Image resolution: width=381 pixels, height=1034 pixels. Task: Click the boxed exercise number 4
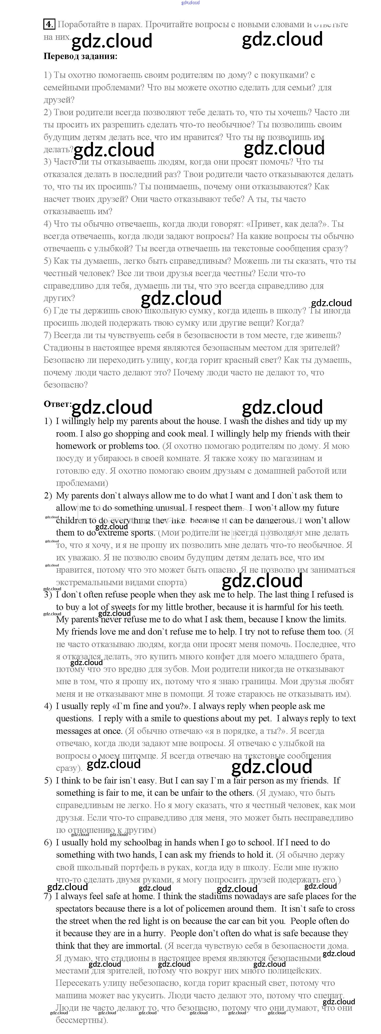point(49,24)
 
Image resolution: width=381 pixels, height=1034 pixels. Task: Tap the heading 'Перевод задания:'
point(80,56)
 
